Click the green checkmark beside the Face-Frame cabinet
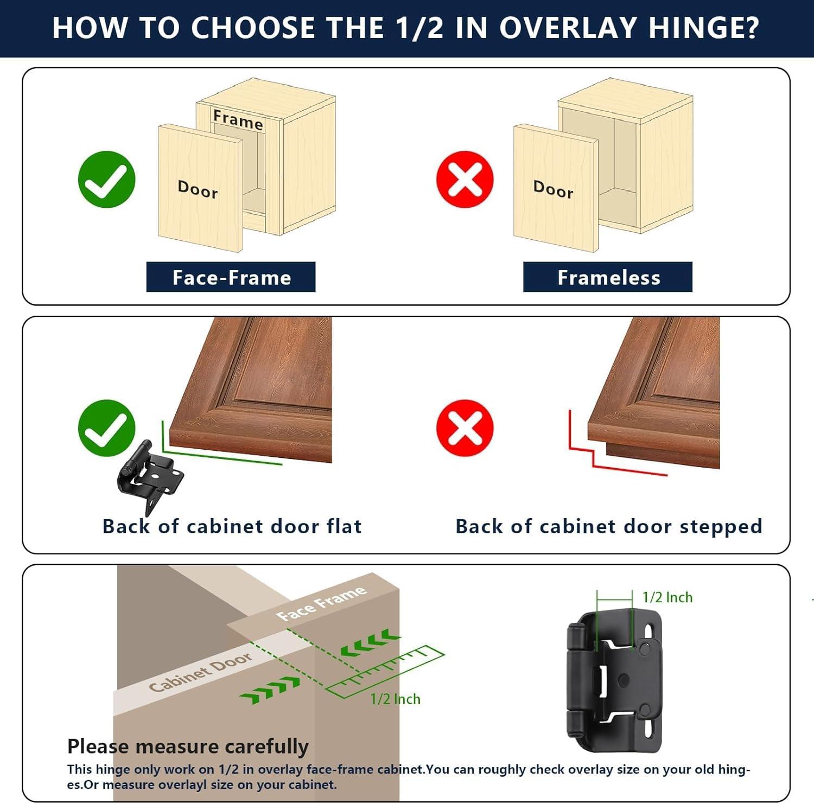[x=106, y=180]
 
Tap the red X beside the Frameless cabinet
[x=465, y=180]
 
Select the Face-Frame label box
[x=231, y=277]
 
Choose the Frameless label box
[x=608, y=277]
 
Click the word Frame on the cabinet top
[x=238, y=119]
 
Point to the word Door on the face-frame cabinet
[x=198, y=189]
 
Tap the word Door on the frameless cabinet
[x=553, y=189]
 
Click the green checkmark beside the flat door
[x=106, y=428]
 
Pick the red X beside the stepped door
[x=465, y=428]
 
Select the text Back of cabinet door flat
[x=232, y=526]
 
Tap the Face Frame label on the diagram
[x=321, y=603]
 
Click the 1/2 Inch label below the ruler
[x=395, y=699]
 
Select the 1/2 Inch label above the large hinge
[x=667, y=597]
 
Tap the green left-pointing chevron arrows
[x=371, y=642]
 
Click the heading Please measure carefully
[x=188, y=747]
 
